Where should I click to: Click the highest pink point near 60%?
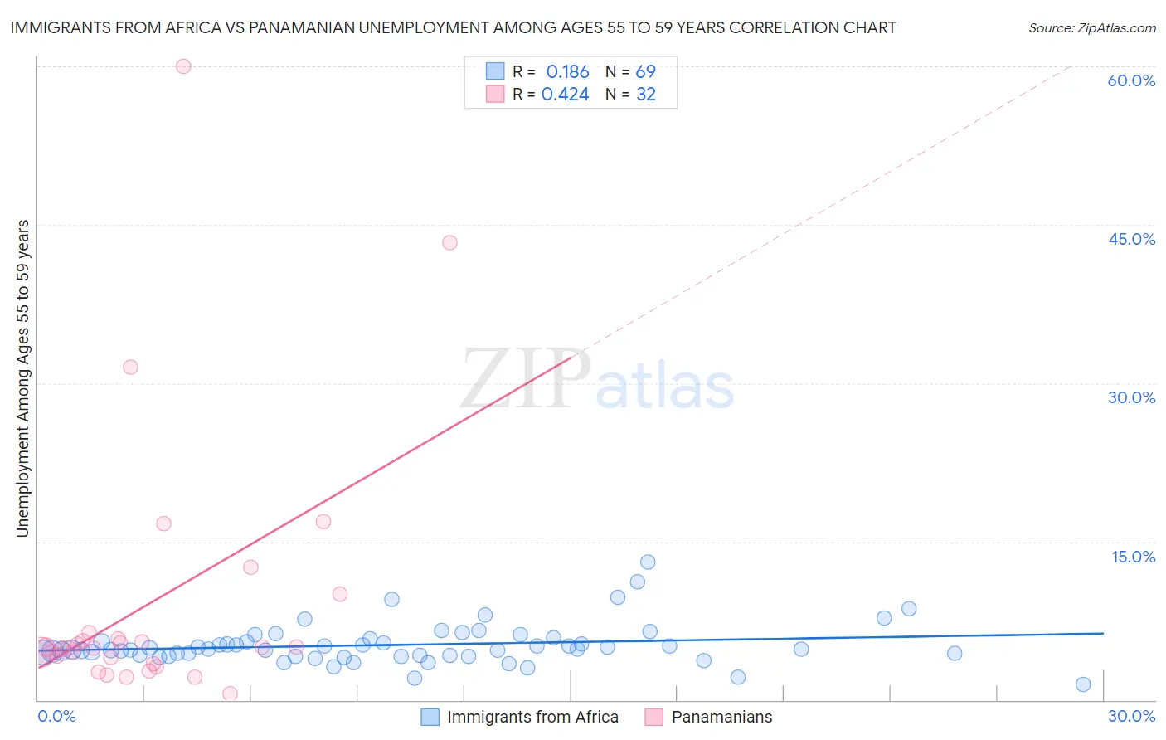click(x=183, y=66)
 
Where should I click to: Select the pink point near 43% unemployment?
click(x=449, y=242)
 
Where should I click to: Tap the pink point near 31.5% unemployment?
click(x=130, y=367)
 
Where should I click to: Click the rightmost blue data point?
click(x=1083, y=684)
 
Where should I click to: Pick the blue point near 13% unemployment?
click(x=648, y=562)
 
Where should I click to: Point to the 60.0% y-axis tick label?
click(x=1131, y=80)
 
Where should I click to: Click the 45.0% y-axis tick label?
click(x=1131, y=239)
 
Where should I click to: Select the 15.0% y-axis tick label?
click(x=1133, y=557)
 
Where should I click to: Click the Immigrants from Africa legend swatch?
click(x=430, y=718)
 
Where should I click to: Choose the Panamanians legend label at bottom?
click(x=721, y=718)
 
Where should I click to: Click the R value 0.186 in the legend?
click(x=567, y=72)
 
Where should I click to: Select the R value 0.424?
click(x=565, y=95)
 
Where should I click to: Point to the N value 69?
click(x=645, y=72)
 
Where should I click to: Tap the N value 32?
click(x=645, y=95)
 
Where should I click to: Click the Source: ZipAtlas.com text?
click(x=1091, y=28)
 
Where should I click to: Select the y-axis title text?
click(x=22, y=378)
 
